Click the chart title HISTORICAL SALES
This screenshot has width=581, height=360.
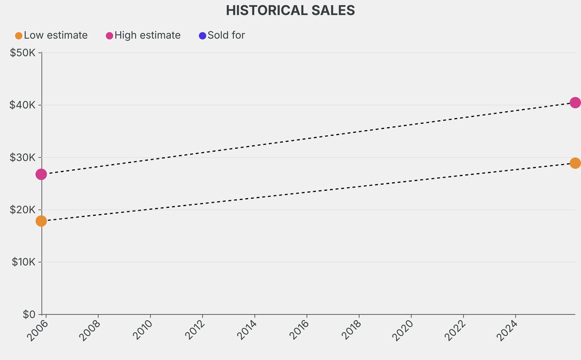coord(290,10)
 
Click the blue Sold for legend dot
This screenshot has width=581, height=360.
coord(203,36)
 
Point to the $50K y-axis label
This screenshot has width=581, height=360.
coord(23,53)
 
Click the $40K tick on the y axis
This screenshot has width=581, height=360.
coord(23,105)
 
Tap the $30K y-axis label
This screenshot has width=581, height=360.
coord(23,157)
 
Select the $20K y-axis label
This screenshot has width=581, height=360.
coord(23,210)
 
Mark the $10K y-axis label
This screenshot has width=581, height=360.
coord(23,262)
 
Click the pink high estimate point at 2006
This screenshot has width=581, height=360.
coord(41,174)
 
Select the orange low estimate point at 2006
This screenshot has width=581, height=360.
coord(41,221)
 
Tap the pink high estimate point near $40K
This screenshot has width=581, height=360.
coord(575,103)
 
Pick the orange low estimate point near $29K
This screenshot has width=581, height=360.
coord(575,163)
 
